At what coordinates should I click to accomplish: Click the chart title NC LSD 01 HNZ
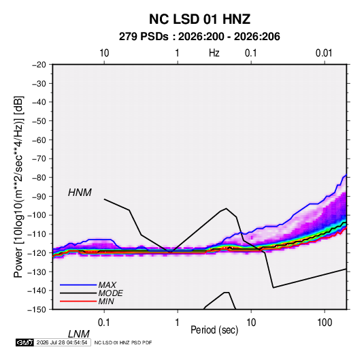pos(199,19)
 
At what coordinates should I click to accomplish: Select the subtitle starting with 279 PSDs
pos(199,37)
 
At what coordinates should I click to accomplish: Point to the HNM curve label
pos(80,193)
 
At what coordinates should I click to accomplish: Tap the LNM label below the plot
pos(78,334)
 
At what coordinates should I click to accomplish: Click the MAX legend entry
pos(107,284)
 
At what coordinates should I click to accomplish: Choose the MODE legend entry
pos(110,293)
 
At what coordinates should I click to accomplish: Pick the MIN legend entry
pos(106,301)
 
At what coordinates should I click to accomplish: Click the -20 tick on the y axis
pos(39,65)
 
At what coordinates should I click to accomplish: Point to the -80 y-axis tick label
pos(39,178)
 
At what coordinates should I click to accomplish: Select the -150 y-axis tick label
pos(37,310)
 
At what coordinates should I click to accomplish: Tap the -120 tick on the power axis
pos(37,252)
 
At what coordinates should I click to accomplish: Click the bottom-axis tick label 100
pos(325,323)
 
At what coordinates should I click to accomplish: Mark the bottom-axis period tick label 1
pos(178,323)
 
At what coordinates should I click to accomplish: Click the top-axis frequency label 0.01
pos(324,53)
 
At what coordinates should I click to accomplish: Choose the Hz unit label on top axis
pos(214,53)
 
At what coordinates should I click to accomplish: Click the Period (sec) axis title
pos(214,330)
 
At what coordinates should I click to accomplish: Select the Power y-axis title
pos(18,187)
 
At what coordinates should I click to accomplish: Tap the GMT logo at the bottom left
pos(24,342)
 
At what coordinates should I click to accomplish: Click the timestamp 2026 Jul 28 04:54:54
pos(62,342)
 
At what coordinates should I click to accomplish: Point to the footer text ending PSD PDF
pos(123,342)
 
